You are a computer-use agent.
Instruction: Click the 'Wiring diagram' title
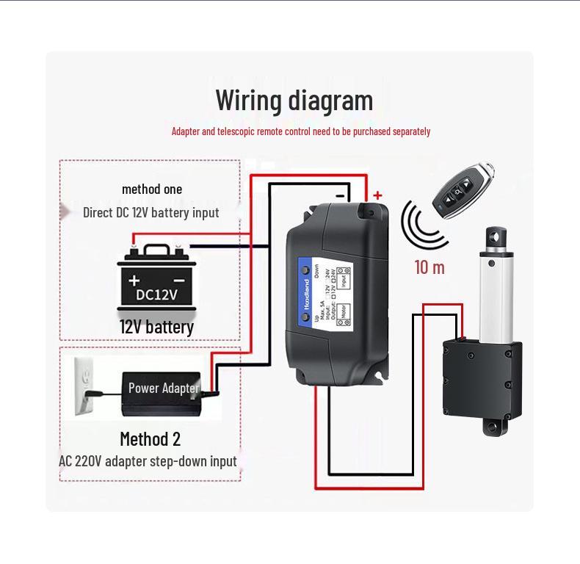click(294, 100)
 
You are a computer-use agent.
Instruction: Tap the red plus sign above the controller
click(377, 195)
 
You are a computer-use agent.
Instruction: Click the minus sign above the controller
click(340, 195)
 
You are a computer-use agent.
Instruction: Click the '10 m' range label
click(429, 267)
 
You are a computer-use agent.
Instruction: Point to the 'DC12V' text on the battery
click(156, 295)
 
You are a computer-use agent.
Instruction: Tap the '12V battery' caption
click(156, 327)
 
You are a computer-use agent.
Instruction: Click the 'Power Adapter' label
click(163, 388)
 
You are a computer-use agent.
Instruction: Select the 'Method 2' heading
click(150, 439)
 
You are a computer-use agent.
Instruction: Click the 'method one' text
click(152, 189)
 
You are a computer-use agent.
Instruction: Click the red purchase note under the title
click(301, 131)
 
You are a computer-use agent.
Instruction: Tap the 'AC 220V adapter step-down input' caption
click(148, 461)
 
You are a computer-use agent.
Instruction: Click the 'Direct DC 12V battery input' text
click(151, 213)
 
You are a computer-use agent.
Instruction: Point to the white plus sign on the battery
click(134, 281)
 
